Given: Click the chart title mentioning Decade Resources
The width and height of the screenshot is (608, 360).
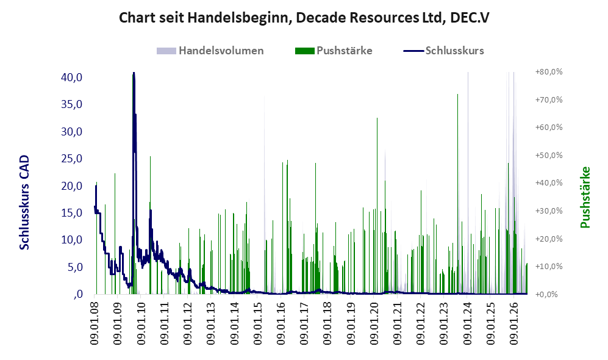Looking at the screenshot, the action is pos(304,18).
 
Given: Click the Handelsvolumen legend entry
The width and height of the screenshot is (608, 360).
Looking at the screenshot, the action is pos(210,51).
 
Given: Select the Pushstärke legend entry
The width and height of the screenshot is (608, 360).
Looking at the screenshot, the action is pos(334,51).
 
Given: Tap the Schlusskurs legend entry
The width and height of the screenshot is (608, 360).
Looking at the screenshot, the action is pos(443,51).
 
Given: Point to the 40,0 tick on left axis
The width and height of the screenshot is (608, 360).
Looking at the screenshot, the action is pos(72,77).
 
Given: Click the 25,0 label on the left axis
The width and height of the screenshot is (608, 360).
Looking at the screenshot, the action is pos(72,158).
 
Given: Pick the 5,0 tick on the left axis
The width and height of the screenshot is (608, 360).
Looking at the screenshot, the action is pos(74,267).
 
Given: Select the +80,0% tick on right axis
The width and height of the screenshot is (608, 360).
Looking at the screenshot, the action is pos(549,72).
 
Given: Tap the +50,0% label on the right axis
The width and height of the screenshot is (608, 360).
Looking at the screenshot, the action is pos(549,155).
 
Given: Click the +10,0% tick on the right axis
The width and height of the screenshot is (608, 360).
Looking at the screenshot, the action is pos(549,267).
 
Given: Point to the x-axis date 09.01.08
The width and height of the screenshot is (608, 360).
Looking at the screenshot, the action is pos(95,322).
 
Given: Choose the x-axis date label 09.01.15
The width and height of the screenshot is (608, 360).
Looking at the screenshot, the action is pos(257,322).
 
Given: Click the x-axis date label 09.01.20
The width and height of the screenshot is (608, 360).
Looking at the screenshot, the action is pos(374,322).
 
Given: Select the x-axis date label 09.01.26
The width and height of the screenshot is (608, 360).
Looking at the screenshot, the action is pos(513,322).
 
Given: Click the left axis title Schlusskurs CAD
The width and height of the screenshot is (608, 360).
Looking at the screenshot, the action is pos(24,202).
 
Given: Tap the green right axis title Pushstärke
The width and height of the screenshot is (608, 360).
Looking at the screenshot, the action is pos(585,197).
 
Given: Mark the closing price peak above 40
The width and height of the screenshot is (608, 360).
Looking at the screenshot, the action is pos(134,73).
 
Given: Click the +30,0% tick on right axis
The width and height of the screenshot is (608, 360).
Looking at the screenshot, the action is pos(549,211).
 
